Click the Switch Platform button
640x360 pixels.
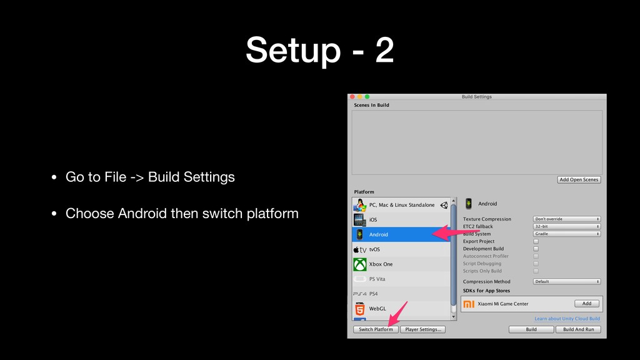coord(376,329)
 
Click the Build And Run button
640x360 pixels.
coord(578,329)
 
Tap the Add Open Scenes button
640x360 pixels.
coord(579,179)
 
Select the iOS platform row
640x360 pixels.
coord(401,219)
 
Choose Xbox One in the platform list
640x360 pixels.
coord(401,264)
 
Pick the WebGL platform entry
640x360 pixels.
coord(401,309)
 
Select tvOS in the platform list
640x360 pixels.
coord(401,249)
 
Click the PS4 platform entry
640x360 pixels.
coord(401,294)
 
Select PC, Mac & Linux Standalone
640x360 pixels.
coord(401,205)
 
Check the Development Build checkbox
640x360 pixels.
coord(536,249)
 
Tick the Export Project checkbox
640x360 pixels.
coord(536,241)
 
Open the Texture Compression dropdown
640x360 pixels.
coord(566,219)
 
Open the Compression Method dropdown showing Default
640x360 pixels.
coord(566,282)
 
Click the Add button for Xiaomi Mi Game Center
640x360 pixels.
coord(586,304)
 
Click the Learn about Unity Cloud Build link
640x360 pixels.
coord(567,319)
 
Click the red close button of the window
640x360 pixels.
coord(352,97)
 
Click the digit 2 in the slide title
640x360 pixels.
coord(384,50)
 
